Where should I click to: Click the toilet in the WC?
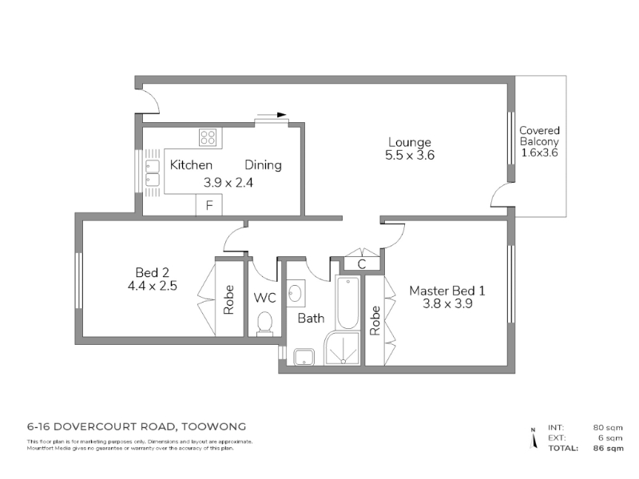tap(264, 324)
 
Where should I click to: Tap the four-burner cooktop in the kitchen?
tap(208, 137)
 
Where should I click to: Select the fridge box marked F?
tap(209, 205)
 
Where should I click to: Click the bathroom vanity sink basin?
tap(296, 293)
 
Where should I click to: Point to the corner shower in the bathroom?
tap(343, 348)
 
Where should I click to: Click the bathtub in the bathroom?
tap(347, 303)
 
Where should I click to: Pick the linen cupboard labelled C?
tap(362, 264)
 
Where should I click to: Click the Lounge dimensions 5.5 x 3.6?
tap(410, 155)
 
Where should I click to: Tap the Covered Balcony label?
tap(539, 136)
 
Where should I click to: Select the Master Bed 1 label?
tap(447, 291)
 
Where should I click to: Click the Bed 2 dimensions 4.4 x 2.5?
tap(152, 286)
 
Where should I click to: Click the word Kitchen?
tap(191, 165)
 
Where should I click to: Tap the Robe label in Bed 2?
tap(228, 300)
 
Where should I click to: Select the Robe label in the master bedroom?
tap(375, 321)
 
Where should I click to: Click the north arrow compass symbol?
tap(533, 438)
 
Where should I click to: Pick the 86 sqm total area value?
tap(608, 449)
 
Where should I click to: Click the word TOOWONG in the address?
tap(213, 427)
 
